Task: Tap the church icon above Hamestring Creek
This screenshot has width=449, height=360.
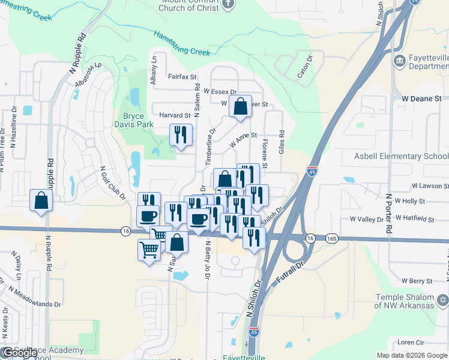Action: pos(228,5)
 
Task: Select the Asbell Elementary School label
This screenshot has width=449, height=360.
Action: pos(396,157)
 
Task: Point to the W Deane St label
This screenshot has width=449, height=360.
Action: pos(421,98)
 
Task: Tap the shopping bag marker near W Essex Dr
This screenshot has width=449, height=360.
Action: pos(240,107)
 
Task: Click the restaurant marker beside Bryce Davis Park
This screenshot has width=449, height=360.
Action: pos(181,135)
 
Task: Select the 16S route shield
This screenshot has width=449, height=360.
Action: pos(333,239)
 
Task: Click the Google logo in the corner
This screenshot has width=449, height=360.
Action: pos(19,353)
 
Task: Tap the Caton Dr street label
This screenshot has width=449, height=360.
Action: pos(306,68)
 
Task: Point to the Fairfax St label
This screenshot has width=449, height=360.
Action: pos(182,77)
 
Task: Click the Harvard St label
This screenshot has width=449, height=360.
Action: pos(175,115)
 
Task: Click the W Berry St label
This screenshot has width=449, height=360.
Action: pos(417,281)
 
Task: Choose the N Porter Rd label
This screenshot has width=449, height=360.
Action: pos(389,213)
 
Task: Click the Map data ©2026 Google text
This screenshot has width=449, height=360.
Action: pos(411,355)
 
